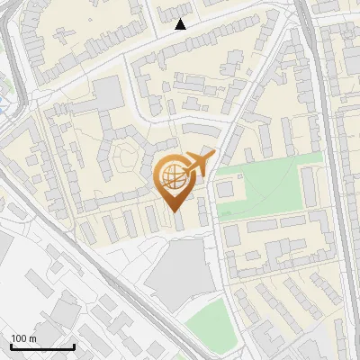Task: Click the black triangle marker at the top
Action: click(180, 24)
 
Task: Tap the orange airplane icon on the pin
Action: click(199, 164)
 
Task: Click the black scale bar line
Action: click(42, 347)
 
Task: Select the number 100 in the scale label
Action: click(17, 338)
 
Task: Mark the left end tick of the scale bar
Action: click(12, 346)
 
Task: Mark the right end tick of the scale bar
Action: click(74, 346)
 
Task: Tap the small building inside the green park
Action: click(225, 190)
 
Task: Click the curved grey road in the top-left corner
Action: click(13, 54)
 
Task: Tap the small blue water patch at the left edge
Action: click(4, 103)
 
